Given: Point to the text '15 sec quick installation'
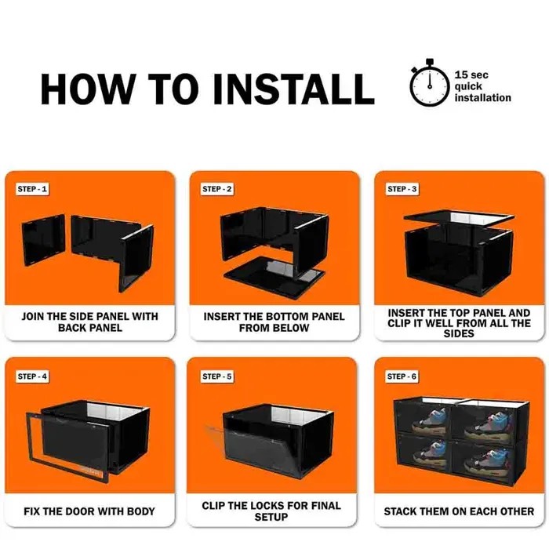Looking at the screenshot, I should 482,86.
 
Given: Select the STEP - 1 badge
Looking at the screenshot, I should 33,189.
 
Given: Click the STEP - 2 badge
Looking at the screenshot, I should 217,189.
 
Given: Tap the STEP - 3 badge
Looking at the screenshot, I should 402,189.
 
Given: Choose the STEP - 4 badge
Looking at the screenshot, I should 33,376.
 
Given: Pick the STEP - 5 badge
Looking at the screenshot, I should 217,376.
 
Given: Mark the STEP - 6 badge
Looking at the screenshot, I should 402,376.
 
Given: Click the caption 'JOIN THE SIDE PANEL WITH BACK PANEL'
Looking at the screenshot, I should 89,322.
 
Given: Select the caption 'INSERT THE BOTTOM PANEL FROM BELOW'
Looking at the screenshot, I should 274,322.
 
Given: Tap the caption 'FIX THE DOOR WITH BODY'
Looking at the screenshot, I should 89,511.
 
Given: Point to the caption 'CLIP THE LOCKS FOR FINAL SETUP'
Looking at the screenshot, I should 274,511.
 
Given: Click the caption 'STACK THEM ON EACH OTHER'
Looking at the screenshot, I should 459,511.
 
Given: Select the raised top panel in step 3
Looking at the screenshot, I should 458,219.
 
